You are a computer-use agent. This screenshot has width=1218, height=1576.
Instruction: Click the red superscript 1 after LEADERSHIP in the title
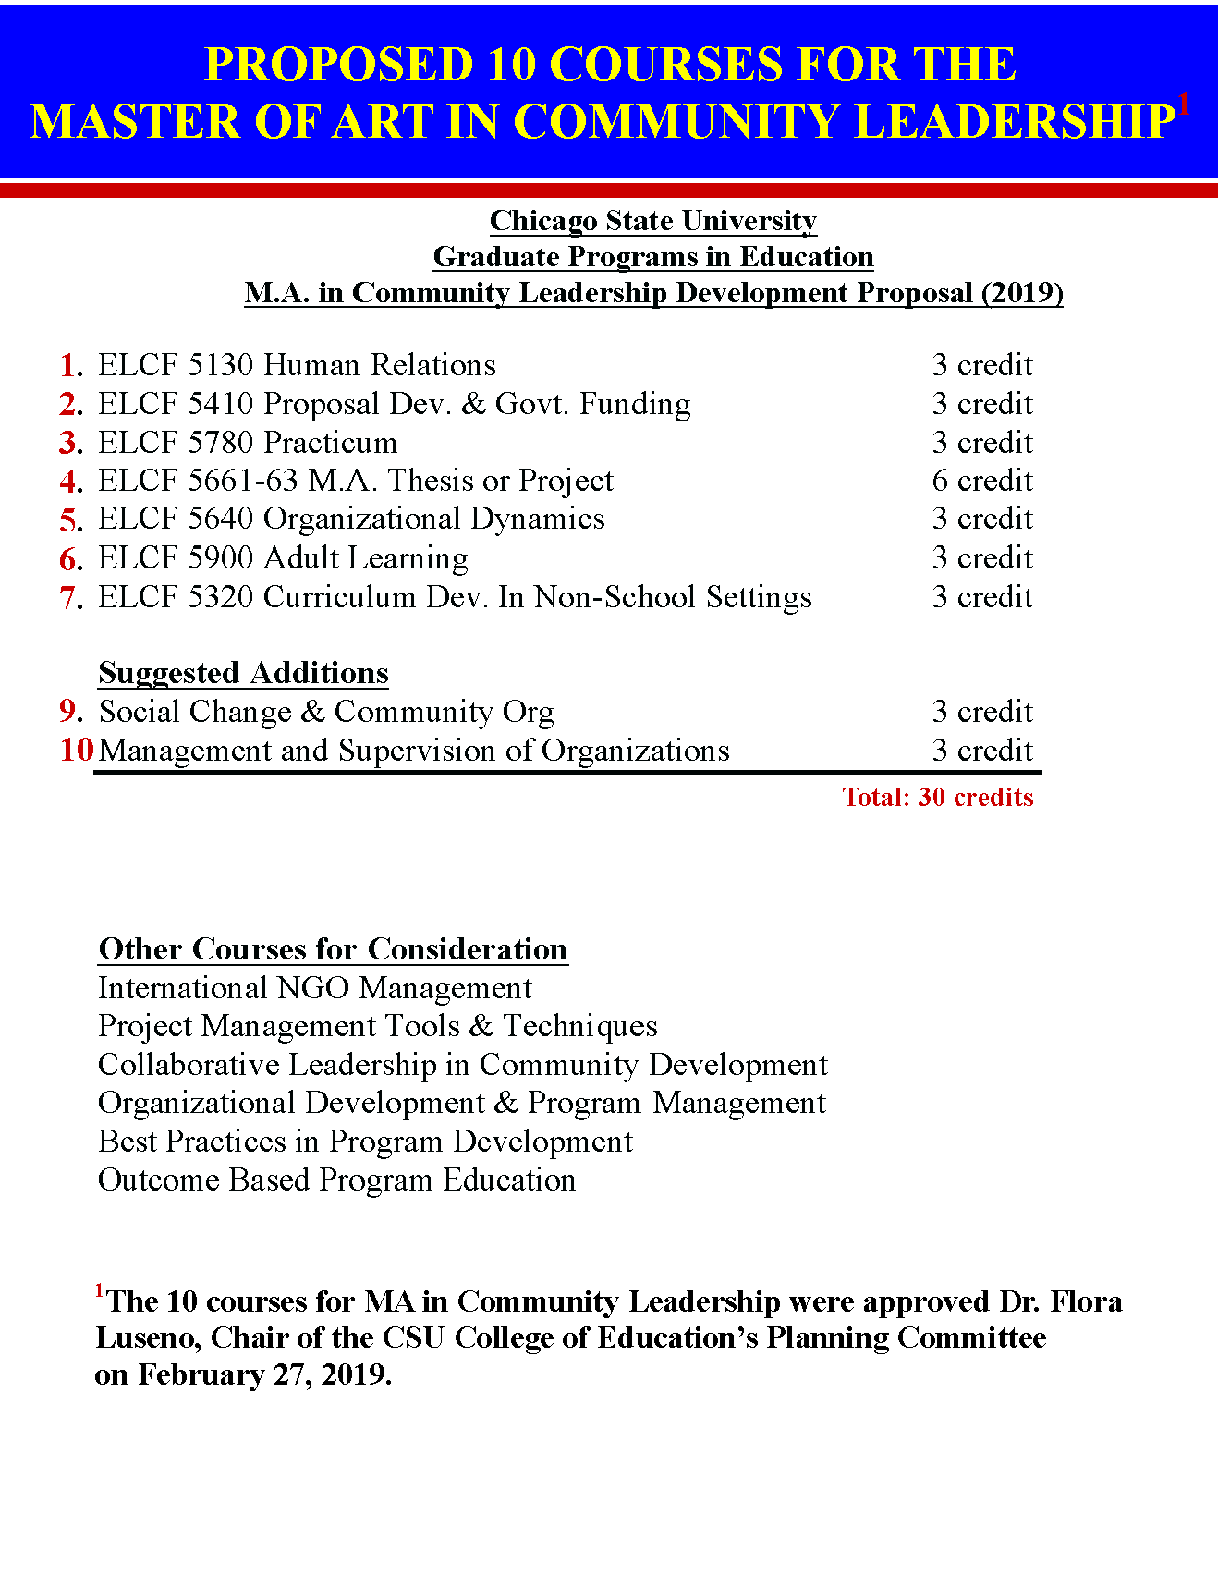(1184, 104)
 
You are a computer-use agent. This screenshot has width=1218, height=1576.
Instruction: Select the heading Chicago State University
(652, 221)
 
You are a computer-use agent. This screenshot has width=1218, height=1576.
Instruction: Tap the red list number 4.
(69, 482)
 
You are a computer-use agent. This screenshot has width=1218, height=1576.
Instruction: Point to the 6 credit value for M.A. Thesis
(981, 481)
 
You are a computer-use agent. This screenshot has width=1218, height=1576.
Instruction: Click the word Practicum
(330, 443)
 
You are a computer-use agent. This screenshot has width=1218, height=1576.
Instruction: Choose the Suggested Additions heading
(243, 673)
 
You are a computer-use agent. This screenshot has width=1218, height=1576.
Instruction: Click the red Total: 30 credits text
(937, 797)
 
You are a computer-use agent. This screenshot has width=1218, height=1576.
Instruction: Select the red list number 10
(77, 750)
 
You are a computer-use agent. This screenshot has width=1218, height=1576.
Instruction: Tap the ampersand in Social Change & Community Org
(313, 712)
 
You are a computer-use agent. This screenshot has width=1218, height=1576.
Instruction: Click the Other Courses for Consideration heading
(333, 949)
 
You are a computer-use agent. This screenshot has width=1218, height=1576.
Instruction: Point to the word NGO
(313, 988)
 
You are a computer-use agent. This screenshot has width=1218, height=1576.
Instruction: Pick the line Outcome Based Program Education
(336, 1180)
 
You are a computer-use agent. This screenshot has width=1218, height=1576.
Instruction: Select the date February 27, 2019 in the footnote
(264, 1374)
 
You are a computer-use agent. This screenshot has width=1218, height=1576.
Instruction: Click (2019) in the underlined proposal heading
(1022, 293)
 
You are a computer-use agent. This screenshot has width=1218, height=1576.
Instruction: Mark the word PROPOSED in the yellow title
(339, 65)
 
